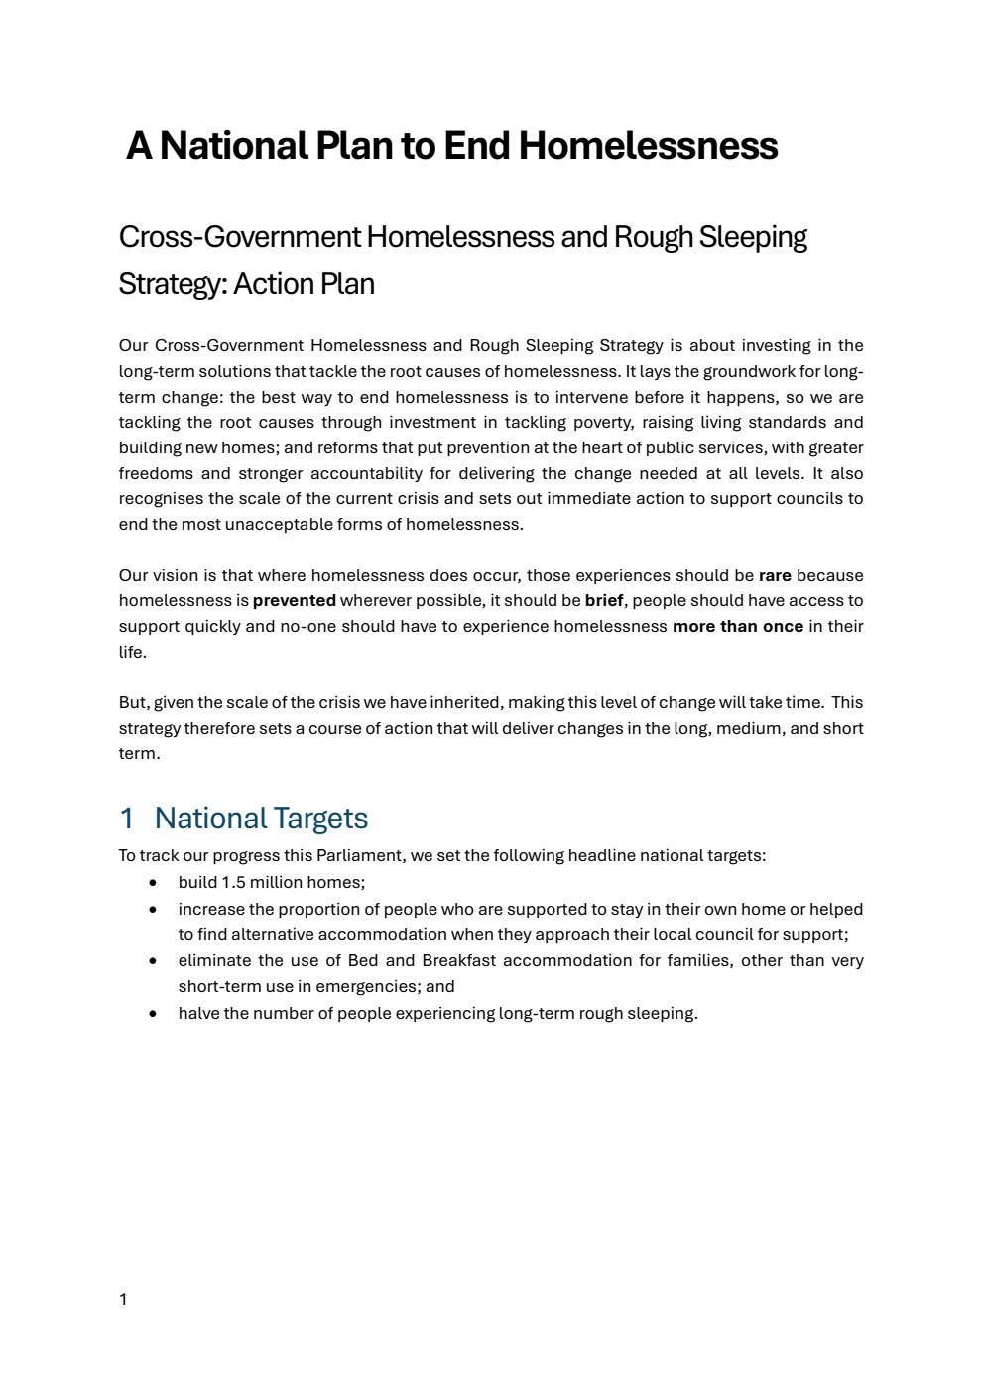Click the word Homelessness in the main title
pyautogui.click(x=648, y=146)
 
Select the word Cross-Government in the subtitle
pyautogui.click(x=239, y=237)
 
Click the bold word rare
pyautogui.click(x=775, y=575)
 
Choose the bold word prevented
pyautogui.click(x=295, y=600)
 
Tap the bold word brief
pyautogui.click(x=604, y=600)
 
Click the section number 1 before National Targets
pyautogui.click(x=126, y=819)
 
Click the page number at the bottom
pyautogui.click(x=123, y=1300)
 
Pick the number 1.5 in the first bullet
pyautogui.click(x=233, y=882)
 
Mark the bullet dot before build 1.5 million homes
pyautogui.click(x=153, y=882)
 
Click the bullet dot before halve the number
pyautogui.click(x=153, y=1013)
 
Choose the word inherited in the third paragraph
pyautogui.click(x=463, y=702)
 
